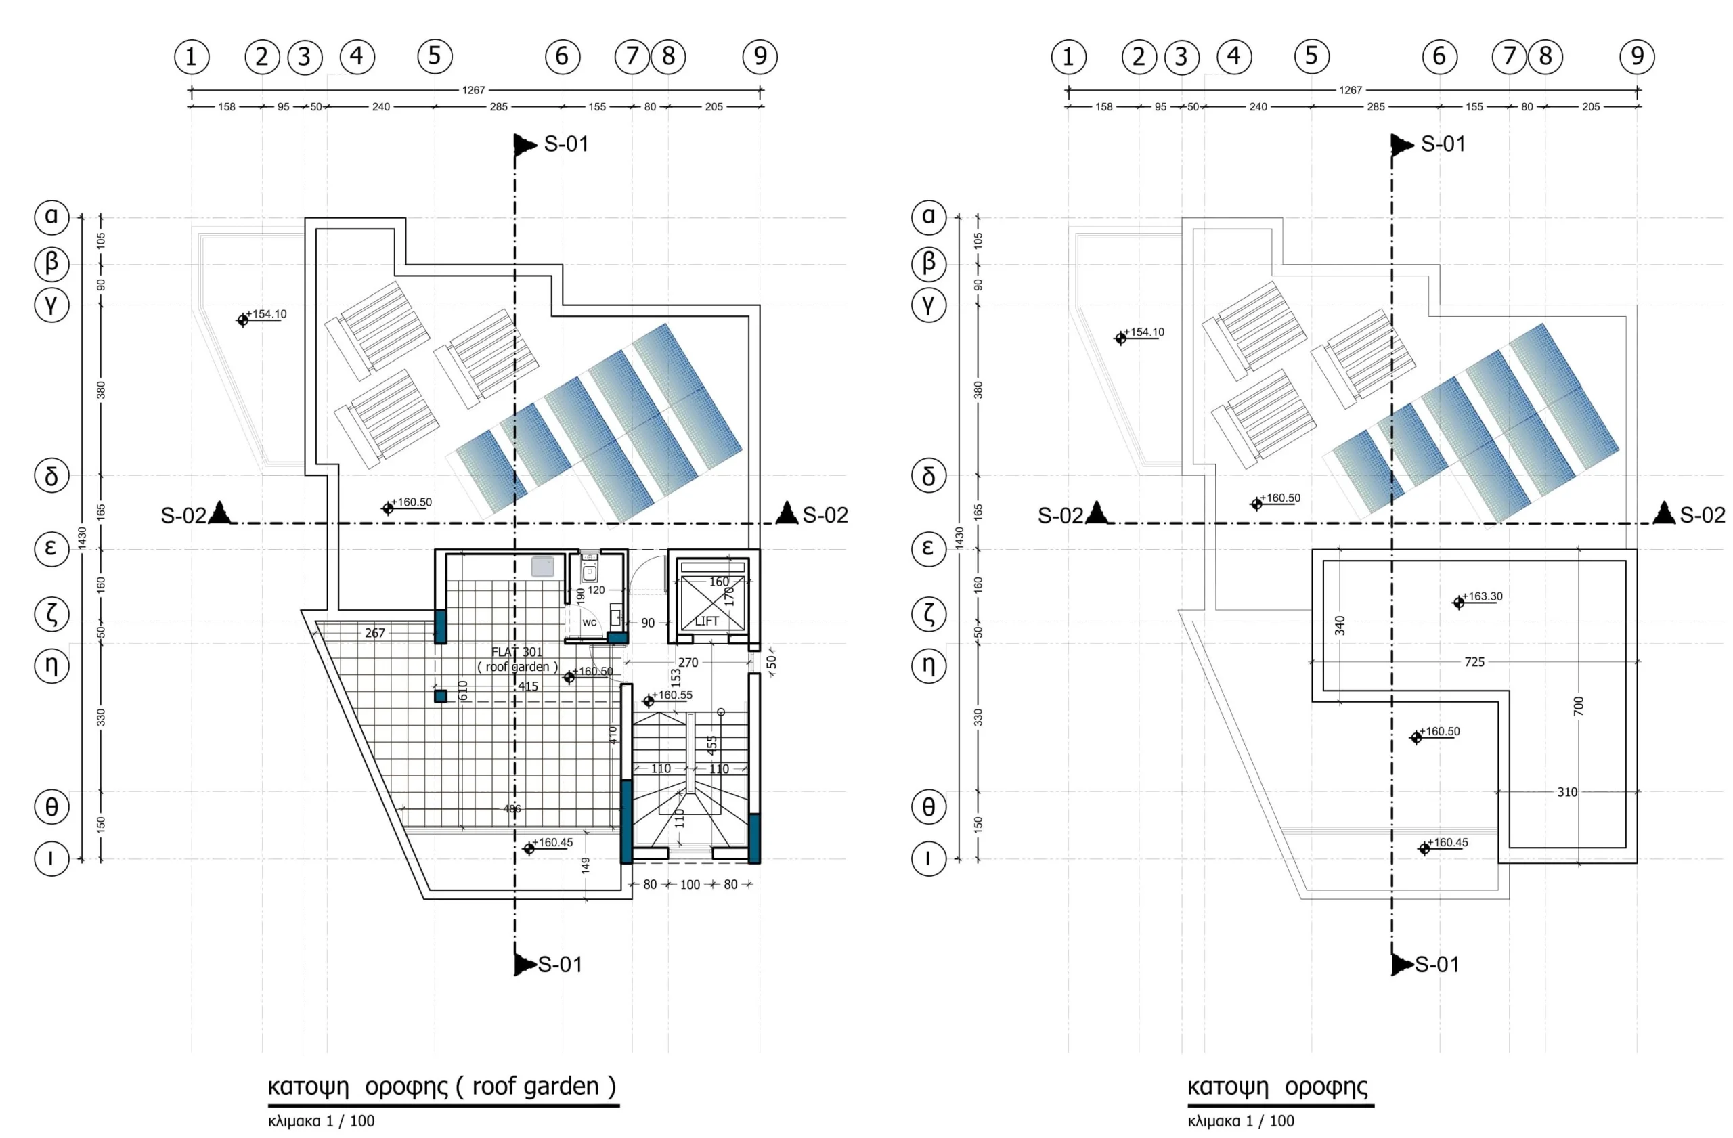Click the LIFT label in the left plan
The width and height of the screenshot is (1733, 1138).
[706, 621]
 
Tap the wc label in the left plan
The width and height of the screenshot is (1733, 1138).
[589, 623]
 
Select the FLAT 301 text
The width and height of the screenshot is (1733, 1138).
[517, 653]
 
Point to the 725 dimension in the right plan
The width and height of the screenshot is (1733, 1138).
[1474, 662]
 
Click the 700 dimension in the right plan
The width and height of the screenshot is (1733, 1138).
[1578, 705]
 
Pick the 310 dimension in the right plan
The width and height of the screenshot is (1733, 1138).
[1567, 791]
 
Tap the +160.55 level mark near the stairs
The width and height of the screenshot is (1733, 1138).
[672, 695]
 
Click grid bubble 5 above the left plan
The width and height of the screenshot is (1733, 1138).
[435, 56]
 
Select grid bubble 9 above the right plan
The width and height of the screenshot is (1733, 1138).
[1637, 56]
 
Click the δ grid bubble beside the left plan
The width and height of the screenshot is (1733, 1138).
[51, 476]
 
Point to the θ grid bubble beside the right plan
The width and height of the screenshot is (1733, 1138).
[928, 807]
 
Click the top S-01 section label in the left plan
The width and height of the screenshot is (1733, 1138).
[566, 144]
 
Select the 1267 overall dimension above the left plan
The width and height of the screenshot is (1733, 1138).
[473, 90]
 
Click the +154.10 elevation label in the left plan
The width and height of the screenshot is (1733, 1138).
[266, 315]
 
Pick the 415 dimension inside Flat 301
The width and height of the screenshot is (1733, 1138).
[528, 686]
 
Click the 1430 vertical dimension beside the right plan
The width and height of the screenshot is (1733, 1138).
[959, 538]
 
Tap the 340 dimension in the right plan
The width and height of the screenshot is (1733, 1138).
[1340, 626]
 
